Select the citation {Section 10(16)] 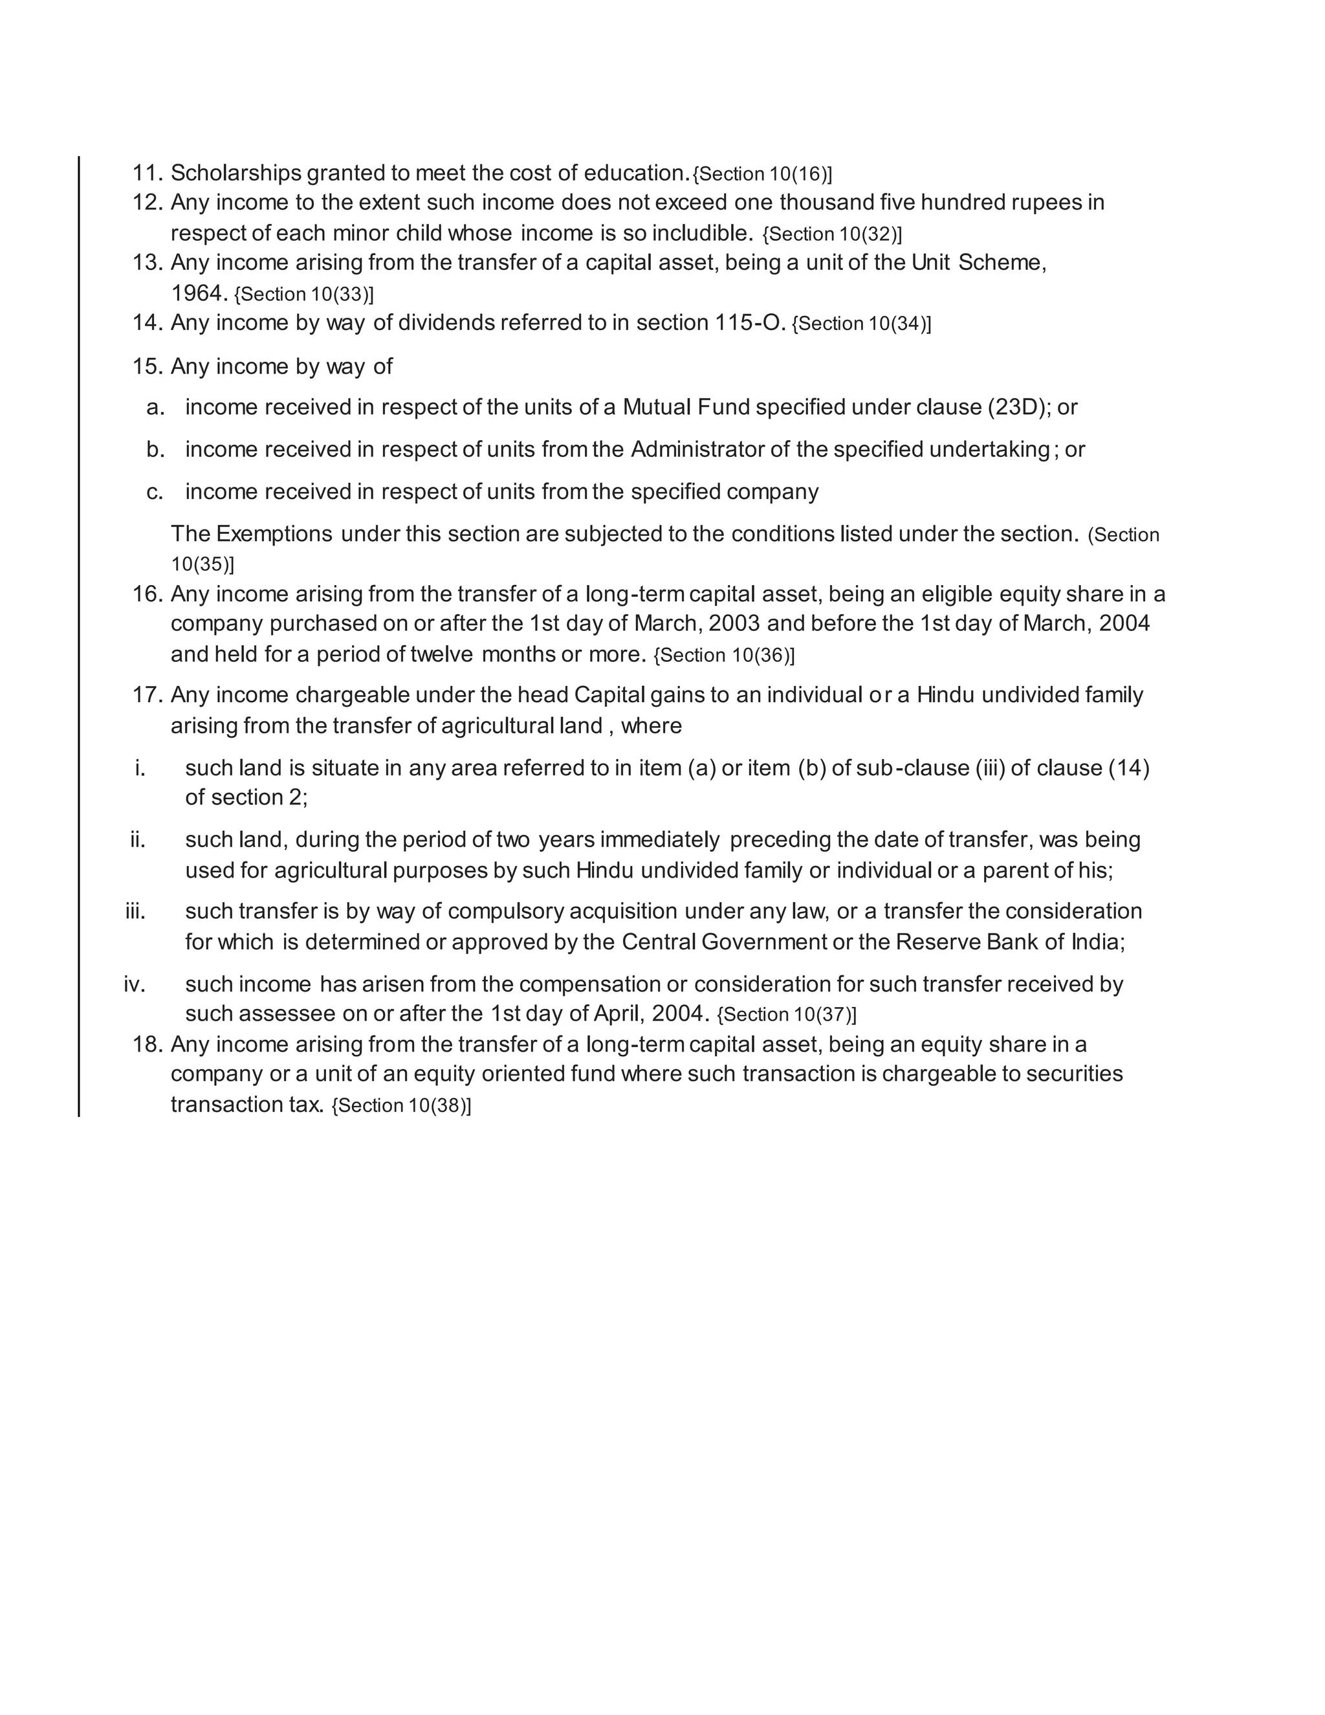[x=762, y=174]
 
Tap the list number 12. [x=147, y=203]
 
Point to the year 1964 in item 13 [x=199, y=294]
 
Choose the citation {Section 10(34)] [x=861, y=324]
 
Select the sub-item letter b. [x=155, y=450]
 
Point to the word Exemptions [x=274, y=534]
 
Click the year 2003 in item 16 [x=734, y=623]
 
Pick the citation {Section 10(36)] [x=724, y=656]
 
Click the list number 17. [x=147, y=695]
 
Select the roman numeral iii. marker [x=136, y=912]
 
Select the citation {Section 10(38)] [x=401, y=1105]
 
